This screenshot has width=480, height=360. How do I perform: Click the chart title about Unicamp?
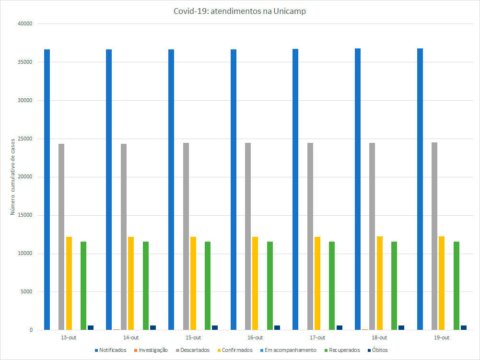coord(240,12)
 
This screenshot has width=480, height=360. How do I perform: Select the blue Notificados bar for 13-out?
coord(47,189)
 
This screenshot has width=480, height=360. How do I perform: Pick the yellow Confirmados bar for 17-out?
coord(317,283)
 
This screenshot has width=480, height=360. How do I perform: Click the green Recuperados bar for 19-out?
coord(457,286)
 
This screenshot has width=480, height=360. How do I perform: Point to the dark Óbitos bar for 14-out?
coord(153,328)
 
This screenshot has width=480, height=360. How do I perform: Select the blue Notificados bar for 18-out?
coord(358,189)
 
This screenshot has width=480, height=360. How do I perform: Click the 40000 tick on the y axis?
coord(24,24)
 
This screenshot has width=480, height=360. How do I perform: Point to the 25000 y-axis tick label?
coord(24,139)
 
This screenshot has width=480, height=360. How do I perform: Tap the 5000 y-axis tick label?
coord(25,292)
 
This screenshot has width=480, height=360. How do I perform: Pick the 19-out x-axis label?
coord(442,337)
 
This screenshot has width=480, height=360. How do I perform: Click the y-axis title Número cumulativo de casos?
coord(13,177)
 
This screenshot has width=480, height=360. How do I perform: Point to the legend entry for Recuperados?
coord(342,350)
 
